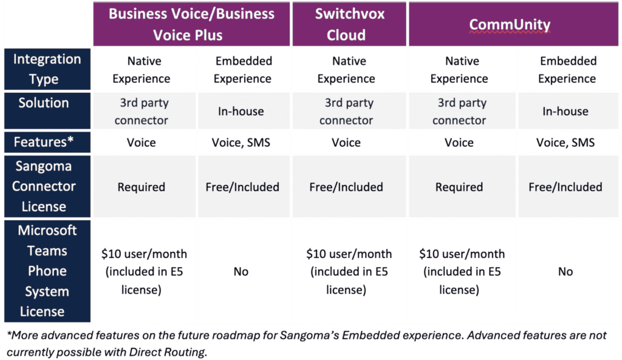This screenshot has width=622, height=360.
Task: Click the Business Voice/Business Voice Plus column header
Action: (191, 24)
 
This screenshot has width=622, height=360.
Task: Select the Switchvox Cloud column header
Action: (349, 24)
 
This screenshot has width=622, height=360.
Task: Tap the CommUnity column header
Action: (513, 24)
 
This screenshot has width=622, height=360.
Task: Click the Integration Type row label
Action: (47, 69)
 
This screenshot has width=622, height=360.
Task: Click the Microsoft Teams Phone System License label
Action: (47, 271)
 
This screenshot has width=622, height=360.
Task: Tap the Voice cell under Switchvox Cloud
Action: (346, 142)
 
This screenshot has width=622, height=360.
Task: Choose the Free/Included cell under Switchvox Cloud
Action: (346, 187)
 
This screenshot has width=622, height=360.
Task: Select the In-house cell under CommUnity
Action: (566, 112)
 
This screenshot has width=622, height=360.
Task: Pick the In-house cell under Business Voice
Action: (241, 112)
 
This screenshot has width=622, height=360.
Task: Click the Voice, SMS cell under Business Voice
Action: (241, 142)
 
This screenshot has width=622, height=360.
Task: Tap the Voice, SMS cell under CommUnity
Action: (566, 142)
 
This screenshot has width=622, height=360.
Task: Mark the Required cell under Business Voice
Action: (141, 187)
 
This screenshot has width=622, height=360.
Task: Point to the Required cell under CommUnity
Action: (459, 187)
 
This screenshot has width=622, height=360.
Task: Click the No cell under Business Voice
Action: (241, 271)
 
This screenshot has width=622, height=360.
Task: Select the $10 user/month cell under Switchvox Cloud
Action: (349, 271)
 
